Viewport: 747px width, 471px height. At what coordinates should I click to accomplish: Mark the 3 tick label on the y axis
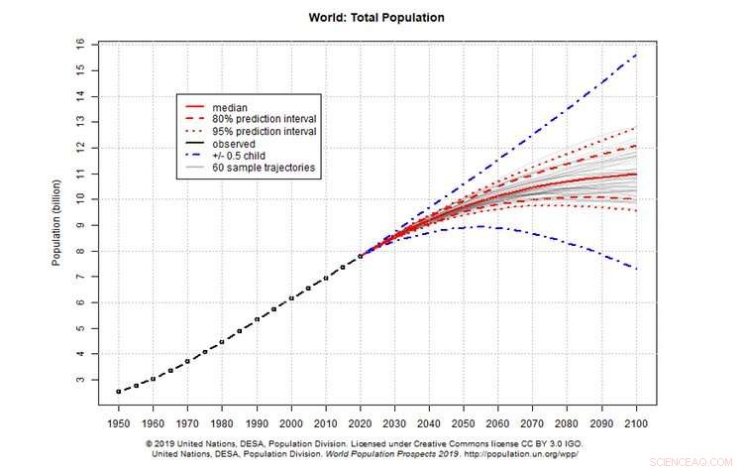point(80,380)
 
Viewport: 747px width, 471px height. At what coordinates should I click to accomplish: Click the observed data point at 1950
point(119,392)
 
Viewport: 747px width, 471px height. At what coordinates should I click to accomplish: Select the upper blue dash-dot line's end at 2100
point(634,55)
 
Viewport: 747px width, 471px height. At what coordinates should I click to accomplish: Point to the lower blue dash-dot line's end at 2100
point(634,269)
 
